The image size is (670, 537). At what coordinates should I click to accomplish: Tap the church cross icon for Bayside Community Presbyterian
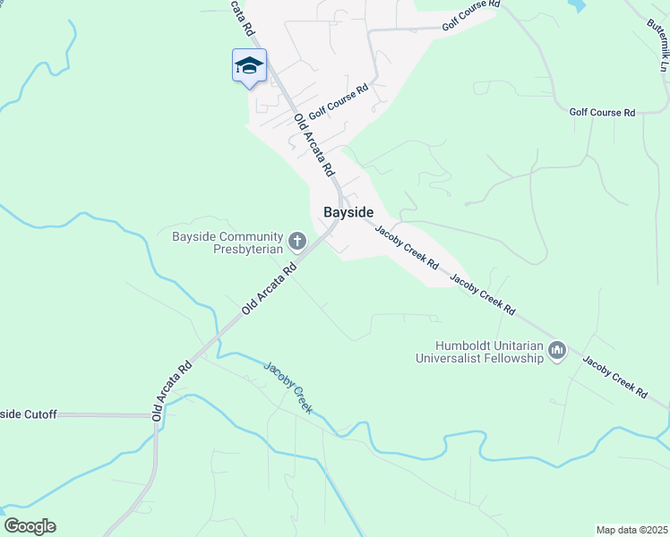pos(296,241)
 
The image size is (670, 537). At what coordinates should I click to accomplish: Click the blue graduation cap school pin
pos(249,66)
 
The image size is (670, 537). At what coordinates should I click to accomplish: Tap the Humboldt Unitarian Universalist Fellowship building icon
pos(557,350)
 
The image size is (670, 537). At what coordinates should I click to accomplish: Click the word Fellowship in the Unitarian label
pos(512,358)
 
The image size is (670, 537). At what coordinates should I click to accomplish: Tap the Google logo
pos(30,526)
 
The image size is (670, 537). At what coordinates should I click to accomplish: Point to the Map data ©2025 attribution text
pos(631,530)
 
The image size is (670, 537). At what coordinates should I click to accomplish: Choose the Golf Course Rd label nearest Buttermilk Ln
pos(602,112)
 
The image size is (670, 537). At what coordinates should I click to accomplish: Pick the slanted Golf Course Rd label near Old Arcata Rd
pos(339,103)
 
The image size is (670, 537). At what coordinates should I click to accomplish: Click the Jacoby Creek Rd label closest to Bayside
pos(406,247)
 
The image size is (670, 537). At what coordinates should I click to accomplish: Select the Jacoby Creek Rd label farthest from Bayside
pos(615,376)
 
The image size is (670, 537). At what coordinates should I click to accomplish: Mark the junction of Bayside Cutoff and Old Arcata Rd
pos(156,415)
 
